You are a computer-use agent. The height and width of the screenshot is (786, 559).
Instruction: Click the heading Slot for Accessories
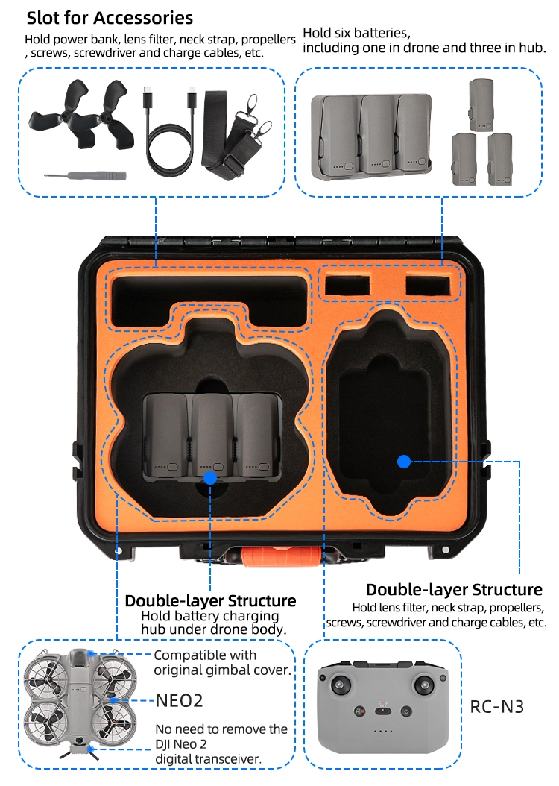110,18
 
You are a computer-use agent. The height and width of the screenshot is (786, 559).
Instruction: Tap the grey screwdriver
85,175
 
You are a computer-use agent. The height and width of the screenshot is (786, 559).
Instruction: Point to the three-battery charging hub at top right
371,136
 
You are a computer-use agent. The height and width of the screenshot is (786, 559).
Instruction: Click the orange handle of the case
281,556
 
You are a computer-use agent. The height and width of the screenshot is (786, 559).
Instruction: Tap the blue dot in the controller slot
404,462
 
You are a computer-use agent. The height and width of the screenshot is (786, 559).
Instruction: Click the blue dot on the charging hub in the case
210,478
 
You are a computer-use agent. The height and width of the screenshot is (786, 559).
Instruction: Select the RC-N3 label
496,707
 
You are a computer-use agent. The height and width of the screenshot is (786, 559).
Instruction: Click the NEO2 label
180,701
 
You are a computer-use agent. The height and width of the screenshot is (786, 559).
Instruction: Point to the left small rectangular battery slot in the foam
347,286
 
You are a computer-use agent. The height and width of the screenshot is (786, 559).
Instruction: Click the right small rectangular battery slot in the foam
428,286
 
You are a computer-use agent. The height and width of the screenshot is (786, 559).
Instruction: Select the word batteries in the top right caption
381,33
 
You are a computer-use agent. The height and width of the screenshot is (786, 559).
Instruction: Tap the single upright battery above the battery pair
481,104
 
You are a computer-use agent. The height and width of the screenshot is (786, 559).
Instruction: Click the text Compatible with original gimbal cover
222,663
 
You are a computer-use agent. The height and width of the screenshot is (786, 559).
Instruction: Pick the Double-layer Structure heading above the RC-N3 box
455,589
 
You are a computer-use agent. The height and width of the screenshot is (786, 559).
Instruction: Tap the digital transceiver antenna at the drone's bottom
79,750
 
